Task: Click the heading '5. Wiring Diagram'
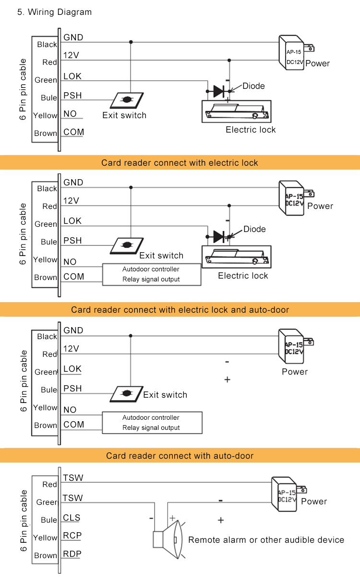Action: click(54, 12)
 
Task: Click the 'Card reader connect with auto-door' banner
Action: click(180, 455)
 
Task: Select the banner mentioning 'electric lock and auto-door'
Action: click(180, 309)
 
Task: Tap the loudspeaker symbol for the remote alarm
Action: click(168, 540)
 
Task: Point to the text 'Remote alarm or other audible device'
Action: click(266, 540)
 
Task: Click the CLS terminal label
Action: click(72, 518)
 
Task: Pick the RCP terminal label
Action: click(72, 536)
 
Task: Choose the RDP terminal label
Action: click(72, 554)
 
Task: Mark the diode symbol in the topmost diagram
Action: click(219, 90)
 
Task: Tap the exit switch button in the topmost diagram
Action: click(127, 100)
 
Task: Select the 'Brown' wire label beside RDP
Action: click(46, 555)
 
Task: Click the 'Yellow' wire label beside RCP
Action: click(45, 537)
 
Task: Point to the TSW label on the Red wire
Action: click(73, 477)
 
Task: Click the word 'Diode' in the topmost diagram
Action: click(253, 86)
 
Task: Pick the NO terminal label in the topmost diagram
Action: click(70, 114)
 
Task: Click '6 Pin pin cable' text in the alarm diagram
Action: click(23, 521)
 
